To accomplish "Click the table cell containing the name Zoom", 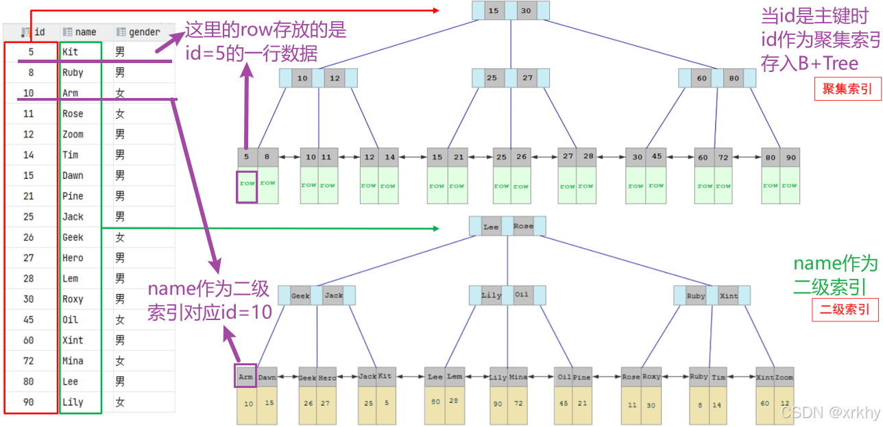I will [73, 134].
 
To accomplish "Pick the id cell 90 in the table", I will [28, 402].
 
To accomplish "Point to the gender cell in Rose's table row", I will [120, 114].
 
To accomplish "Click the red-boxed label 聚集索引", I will [847, 89].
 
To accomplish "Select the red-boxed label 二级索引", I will [845, 309].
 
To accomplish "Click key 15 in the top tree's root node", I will [493, 11].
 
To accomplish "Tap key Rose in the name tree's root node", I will [522, 226].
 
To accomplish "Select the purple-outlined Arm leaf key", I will [246, 376].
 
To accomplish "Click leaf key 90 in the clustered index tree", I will [790, 157].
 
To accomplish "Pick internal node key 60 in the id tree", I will [701, 78].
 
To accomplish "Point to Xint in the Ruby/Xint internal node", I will [729, 296].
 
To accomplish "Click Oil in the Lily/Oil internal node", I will [522, 295].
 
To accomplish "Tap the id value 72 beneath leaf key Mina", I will [518, 404].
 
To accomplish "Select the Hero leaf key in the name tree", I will [327, 378].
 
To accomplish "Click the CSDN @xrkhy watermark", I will [830, 413].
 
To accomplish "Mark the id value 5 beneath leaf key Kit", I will [387, 403].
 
